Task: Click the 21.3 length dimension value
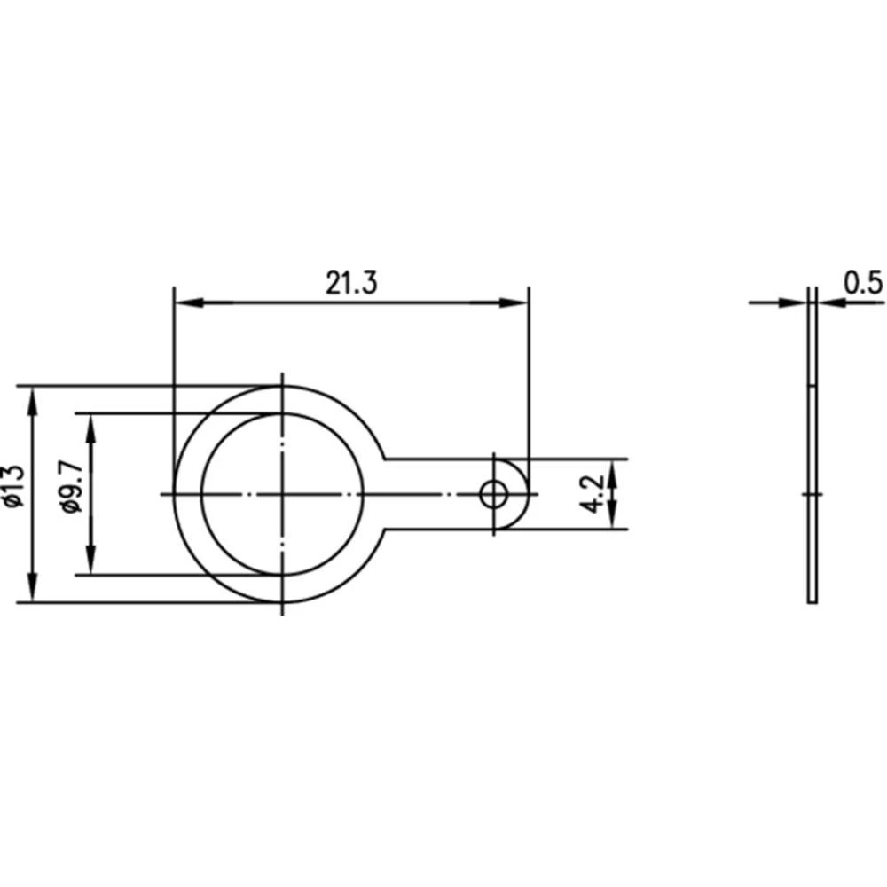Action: (x=351, y=283)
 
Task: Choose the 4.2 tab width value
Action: (x=593, y=494)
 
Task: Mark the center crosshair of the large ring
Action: (x=282, y=494)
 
